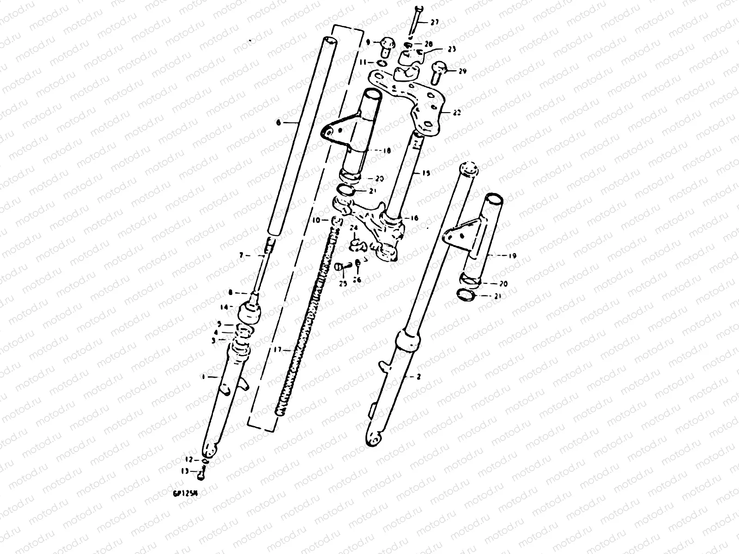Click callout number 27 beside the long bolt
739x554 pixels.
click(x=435, y=22)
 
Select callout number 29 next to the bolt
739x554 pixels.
click(x=463, y=71)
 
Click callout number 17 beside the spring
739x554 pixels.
click(x=277, y=350)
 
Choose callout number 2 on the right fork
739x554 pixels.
click(x=418, y=377)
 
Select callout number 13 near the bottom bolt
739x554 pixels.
click(x=185, y=471)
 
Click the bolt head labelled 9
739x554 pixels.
click(x=387, y=45)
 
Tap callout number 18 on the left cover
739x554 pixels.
click(x=387, y=151)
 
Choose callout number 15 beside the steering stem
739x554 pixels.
click(x=425, y=174)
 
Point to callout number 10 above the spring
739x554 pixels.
click(x=316, y=220)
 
